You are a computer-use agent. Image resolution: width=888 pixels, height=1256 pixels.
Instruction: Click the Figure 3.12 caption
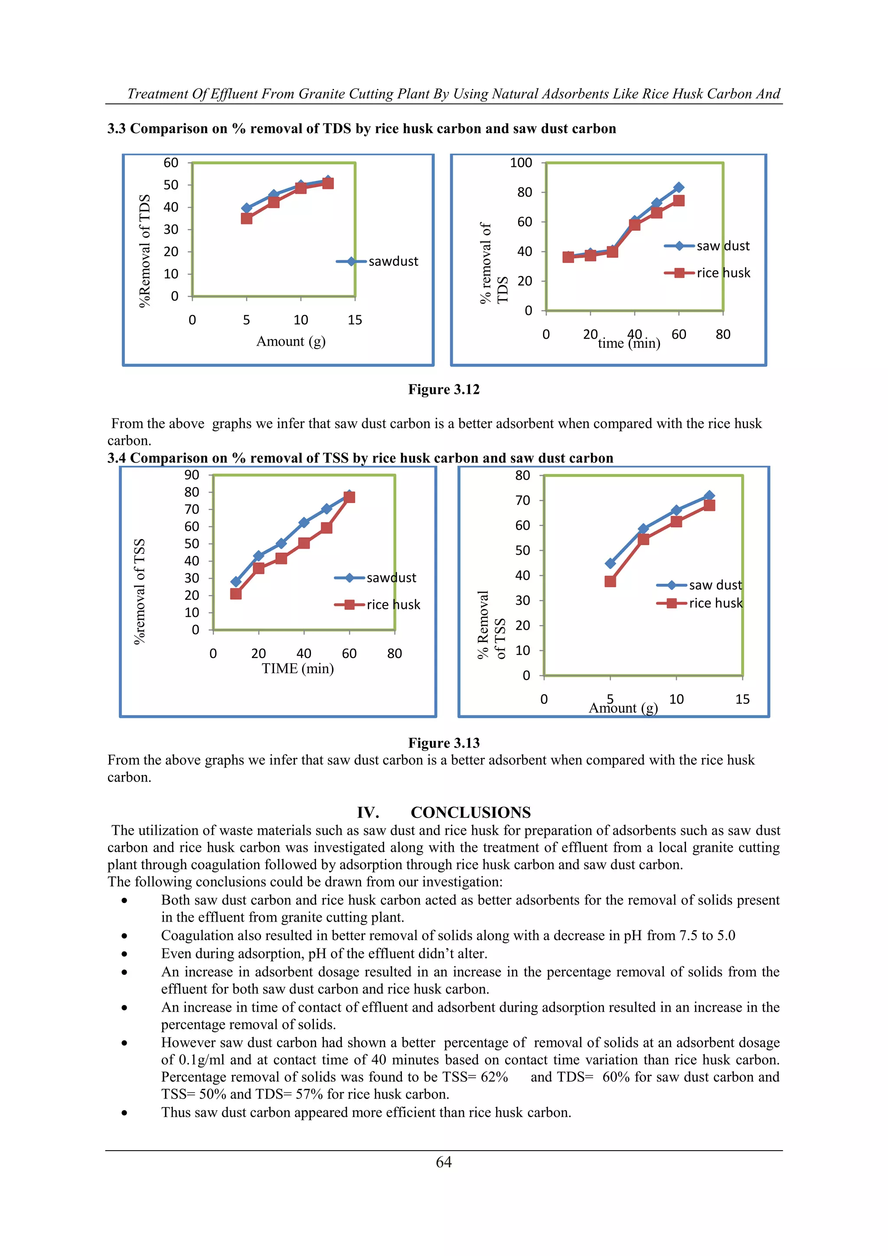(x=444, y=389)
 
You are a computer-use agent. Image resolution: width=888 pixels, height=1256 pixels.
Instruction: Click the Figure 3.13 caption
(x=444, y=743)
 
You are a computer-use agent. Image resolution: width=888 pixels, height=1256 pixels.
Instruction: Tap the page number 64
(x=444, y=1162)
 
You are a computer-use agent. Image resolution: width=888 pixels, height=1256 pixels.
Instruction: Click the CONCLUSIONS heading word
(x=470, y=812)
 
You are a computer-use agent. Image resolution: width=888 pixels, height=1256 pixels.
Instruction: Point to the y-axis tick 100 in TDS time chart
(x=521, y=163)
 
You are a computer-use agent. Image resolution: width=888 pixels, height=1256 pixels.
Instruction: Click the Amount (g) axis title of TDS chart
(x=291, y=341)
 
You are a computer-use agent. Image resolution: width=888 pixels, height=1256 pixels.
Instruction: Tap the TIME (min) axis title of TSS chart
(x=297, y=668)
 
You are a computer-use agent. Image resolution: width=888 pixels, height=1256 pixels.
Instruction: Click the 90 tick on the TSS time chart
(x=191, y=475)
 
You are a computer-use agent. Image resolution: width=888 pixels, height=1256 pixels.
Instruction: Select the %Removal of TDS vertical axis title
(x=144, y=251)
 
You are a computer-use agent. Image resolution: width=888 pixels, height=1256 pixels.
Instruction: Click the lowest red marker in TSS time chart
(x=236, y=594)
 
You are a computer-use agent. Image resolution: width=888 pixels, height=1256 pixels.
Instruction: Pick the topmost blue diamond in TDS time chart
(x=679, y=188)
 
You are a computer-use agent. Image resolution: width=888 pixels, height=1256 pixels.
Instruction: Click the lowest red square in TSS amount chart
(x=610, y=582)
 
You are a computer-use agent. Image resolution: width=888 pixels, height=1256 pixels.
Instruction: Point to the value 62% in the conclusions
(x=494, y=1077)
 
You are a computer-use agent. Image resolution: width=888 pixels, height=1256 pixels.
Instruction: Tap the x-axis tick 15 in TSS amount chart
(x=742, y=699)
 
